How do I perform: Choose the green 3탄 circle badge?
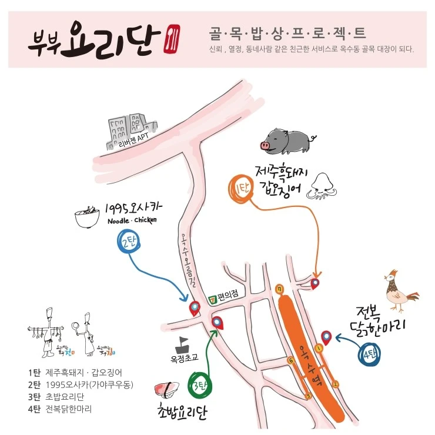(197, 387)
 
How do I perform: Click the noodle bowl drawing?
(87, 217)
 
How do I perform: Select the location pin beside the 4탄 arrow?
(326, 337)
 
